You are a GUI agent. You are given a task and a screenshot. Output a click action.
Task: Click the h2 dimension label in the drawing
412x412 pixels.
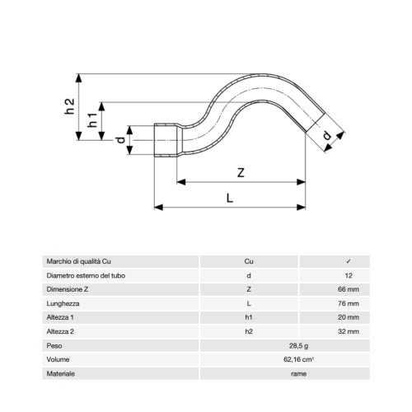69,106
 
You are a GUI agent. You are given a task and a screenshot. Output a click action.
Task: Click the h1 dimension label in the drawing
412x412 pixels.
92,120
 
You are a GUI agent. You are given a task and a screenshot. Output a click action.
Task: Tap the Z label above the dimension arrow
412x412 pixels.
241,173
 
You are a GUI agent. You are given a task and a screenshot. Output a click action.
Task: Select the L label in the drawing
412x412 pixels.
230,198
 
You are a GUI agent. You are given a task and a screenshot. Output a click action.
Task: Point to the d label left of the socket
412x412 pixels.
120,140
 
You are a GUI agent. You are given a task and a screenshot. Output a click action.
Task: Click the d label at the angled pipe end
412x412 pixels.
327,135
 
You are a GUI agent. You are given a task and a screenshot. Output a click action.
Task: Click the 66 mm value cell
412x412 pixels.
349,289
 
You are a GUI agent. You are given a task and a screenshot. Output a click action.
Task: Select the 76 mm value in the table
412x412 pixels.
349,303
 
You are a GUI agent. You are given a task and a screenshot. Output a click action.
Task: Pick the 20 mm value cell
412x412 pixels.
349,317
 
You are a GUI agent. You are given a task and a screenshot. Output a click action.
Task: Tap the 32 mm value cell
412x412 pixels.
349,331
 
